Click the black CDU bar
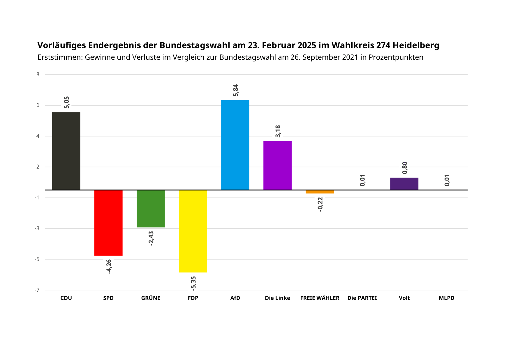[66, 151]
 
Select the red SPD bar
[108, 223]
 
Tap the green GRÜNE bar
[151, 208]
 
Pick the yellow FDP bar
[193, 231]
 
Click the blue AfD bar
[235, 145]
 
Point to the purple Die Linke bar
[277, 165]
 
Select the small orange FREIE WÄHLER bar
[320, 192]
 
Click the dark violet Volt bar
[404, 184]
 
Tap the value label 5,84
[236, 90]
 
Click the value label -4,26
[109, 266]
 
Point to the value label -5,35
[193, 283]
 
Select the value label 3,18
[278, 131]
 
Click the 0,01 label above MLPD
[447, 180]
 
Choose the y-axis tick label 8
[38, 75]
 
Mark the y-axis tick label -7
[37, 290]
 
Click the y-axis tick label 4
[38, 136]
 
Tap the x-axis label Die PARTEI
[362, 298]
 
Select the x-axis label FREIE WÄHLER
[320, 298]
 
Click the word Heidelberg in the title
[416, 45]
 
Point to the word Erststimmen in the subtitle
[60, 57]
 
